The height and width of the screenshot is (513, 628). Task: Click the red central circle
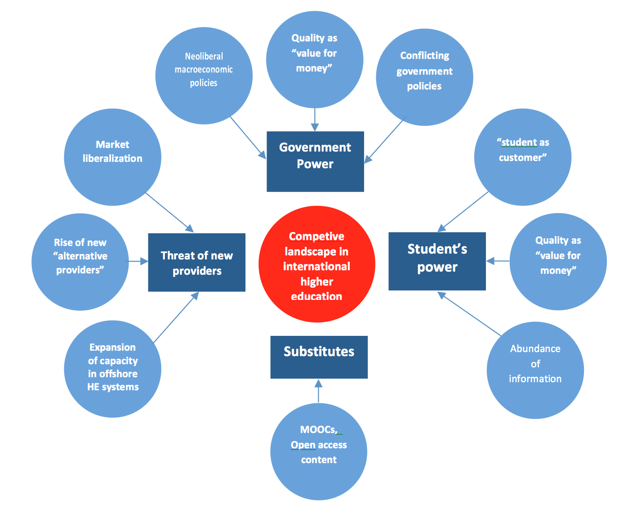316,264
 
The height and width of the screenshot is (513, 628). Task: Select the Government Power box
315,161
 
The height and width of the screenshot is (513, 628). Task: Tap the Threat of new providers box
196,263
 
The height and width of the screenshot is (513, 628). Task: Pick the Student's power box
437,261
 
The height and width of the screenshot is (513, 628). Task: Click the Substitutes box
319,357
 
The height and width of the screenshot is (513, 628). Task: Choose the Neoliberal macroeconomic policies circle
204,76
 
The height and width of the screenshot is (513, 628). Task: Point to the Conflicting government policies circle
424,77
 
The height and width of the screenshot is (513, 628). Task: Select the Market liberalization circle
112,157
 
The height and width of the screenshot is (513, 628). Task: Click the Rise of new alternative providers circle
80,262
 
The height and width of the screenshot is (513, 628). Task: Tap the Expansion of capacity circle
112,369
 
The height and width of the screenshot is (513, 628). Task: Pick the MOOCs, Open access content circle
319,451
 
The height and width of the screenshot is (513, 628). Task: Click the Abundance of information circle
535,370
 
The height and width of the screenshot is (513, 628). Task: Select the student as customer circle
522,157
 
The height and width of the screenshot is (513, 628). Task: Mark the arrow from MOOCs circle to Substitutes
319,391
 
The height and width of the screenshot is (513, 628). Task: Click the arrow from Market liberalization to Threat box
169,213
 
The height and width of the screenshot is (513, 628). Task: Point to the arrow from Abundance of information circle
469,314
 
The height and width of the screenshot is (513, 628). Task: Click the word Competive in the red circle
316,236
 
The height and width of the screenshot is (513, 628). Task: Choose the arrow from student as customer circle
463,212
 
